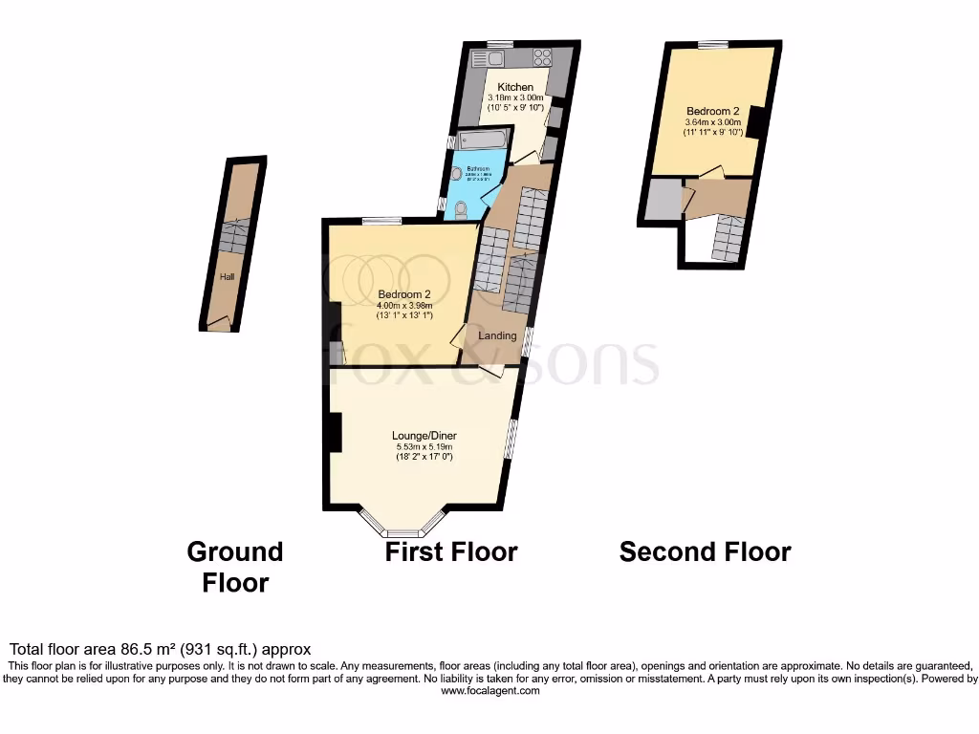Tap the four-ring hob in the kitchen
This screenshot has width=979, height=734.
pos(542,56)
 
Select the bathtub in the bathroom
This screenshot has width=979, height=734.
pos(486,140)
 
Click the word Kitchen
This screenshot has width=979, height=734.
pos(515,87)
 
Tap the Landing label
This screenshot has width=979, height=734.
pos(497,335)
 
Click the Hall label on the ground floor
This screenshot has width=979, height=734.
pos(227,277)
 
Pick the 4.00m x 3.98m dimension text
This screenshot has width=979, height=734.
pos(404,305)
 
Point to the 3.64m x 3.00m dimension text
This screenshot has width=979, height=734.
pos(712,122)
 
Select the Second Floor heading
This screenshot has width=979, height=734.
pos(705,551)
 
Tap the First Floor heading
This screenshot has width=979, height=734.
pos(451,551)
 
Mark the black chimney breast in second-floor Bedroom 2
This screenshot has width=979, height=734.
pos(755,122)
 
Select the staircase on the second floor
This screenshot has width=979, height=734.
pos(727,239)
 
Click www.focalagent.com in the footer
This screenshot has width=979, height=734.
pos(489,690)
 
